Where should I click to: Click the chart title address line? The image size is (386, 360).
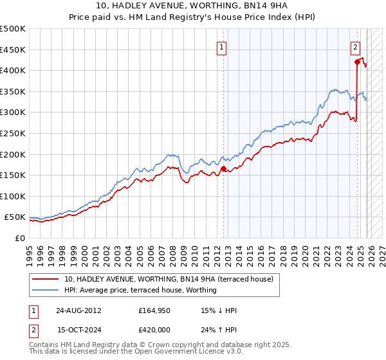pyautogui.click(x=192, y=6)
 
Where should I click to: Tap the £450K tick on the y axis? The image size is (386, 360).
pyautogui.click(x=13, y=50)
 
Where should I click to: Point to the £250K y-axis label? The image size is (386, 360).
pyautogui.click(x=13, y=133)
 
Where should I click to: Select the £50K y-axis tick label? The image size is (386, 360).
pyautogui.click(x=15, y=217)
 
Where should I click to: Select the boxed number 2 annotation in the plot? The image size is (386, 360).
pyautogui.click(x=355, y=46)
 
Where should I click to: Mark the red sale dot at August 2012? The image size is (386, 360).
pyautogui.click(x=223, y=169)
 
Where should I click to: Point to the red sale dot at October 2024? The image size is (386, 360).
pyautogui.click(x=357, y=62)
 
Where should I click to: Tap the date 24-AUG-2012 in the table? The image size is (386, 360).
pyautogui.click(x=79, y=310)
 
